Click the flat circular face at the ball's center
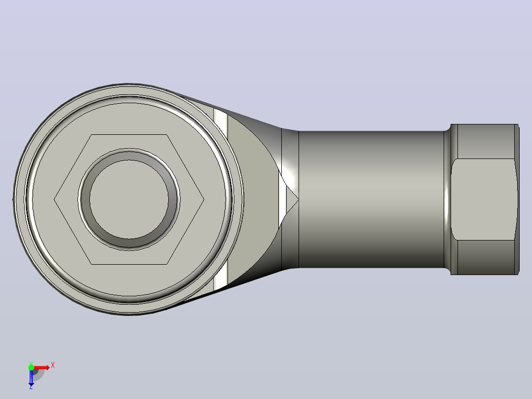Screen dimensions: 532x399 129,199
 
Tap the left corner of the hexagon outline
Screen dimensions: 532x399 54,199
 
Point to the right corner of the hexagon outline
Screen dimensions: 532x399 204,199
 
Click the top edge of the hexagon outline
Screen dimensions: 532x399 129,135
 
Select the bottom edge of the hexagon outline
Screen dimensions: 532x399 129,264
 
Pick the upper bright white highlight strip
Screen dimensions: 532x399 221,121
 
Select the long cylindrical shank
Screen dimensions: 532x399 371,199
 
